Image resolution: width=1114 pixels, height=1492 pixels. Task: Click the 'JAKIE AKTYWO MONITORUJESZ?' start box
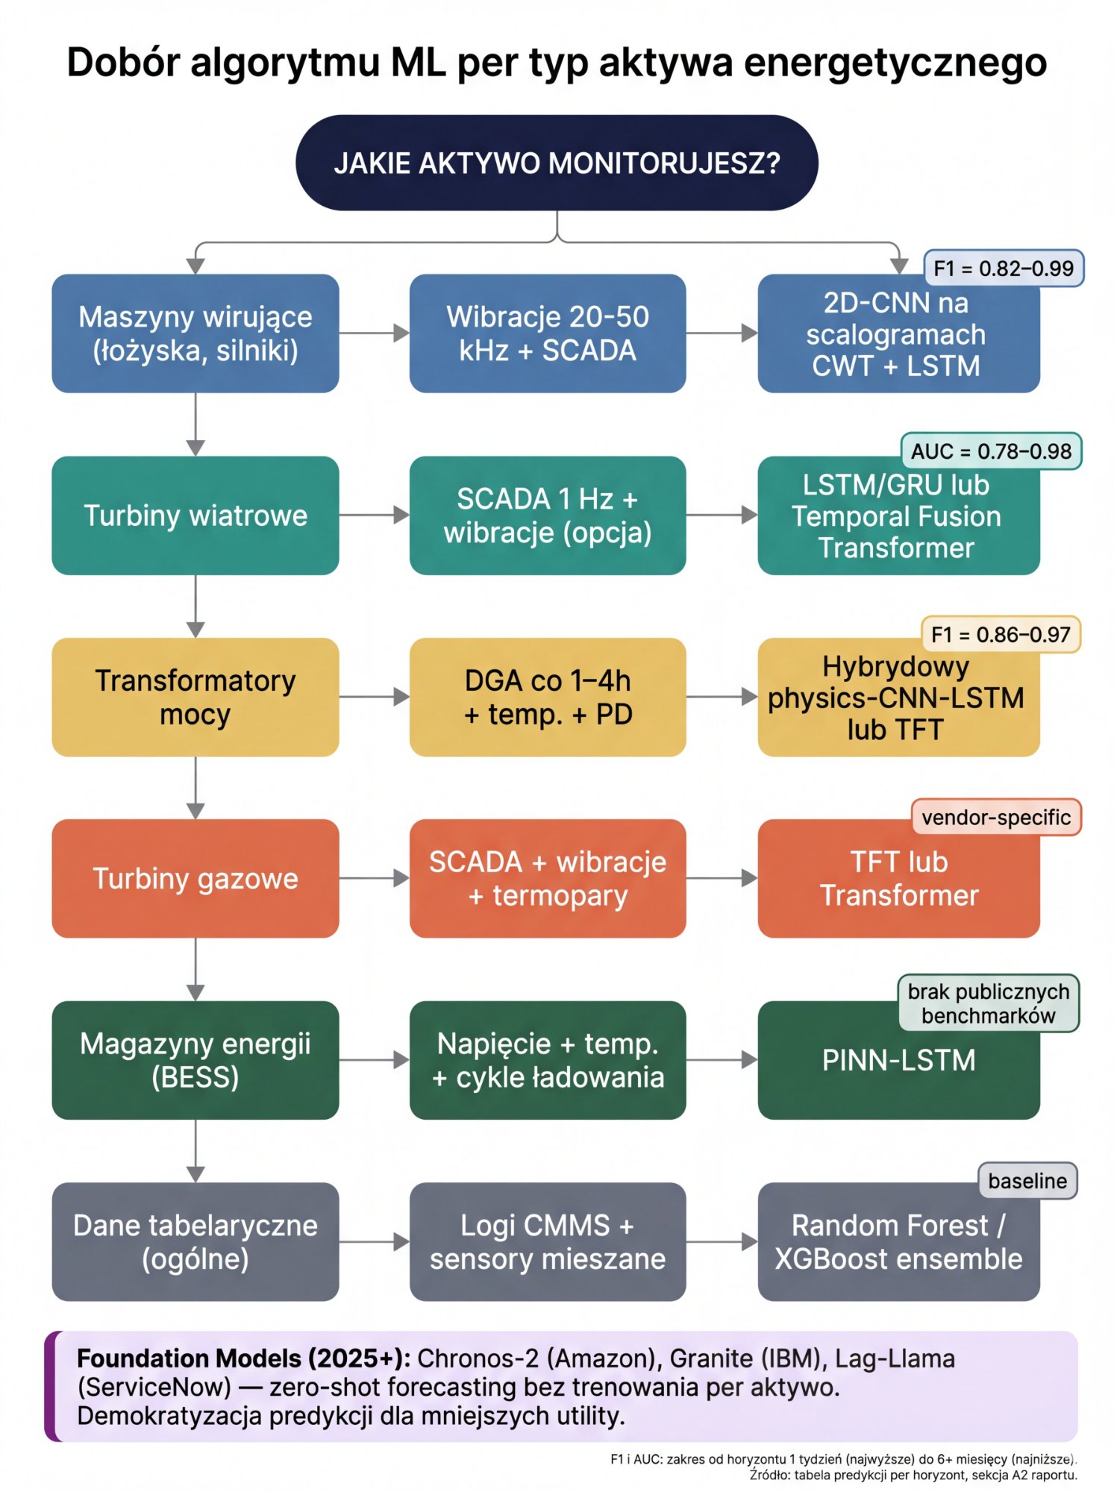click(x=557, y=163)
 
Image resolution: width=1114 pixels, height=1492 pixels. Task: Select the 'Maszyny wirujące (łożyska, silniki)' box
click(x=195, y=333)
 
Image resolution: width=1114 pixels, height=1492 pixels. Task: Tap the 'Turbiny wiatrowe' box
click(x=195, y=515)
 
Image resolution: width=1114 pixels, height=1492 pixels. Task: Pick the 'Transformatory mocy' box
click(x=195, y=697)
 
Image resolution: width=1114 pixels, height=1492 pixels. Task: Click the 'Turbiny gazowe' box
click(x=195, y=878)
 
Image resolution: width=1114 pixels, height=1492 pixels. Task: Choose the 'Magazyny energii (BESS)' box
click(x=195, y=1059)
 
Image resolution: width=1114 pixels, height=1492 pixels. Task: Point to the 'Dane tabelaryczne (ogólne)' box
click(x=195, y=1241)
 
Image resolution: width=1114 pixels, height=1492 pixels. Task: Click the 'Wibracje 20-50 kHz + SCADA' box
click(x=547, y=333)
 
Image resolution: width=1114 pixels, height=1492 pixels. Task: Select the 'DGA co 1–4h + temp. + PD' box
click(x=547, y=697)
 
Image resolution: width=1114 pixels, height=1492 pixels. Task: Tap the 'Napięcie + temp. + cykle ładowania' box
click(x=547, y=1059)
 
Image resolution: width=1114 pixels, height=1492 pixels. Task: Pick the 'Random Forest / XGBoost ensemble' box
click(x=898, y=1242)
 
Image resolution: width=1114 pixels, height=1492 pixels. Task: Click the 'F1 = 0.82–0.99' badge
click(x=1003, y=269)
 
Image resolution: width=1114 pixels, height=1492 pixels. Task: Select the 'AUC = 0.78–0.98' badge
click(x=991, y=451)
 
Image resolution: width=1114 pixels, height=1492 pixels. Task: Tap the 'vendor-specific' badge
click(x=995, y=818)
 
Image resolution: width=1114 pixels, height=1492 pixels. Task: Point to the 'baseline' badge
click(x=1027, y=1181)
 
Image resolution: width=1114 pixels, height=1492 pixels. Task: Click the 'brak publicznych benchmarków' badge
click(x=988, y=1003)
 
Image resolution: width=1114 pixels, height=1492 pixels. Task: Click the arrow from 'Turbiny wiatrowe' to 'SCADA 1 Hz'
click(x=374, y=515)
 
